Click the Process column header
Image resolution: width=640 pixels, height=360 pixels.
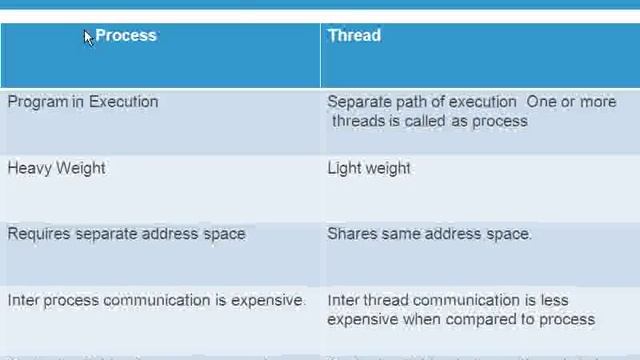(126, 35)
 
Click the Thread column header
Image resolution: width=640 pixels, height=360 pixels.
(354, 35)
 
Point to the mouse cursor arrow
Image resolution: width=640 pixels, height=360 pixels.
(88, 38)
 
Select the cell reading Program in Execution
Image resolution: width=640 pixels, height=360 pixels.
(83, 102)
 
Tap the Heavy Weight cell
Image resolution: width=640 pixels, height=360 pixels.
(56, 168)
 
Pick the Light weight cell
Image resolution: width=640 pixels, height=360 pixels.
(369, 168)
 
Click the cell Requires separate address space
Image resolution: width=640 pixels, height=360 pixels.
(126, 234)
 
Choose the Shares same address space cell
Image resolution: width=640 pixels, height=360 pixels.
(429, 234)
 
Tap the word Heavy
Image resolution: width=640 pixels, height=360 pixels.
(29, 168)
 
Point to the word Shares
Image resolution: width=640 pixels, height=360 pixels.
(349, 234)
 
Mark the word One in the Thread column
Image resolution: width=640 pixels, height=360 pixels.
(540, 102)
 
